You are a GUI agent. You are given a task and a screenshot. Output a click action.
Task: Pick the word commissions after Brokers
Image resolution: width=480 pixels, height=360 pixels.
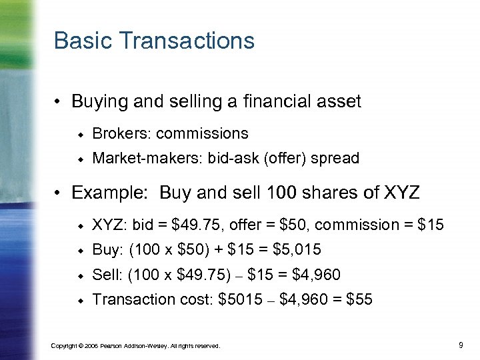202,133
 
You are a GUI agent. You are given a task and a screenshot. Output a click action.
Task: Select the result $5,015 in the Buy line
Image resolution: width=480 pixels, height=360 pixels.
297,250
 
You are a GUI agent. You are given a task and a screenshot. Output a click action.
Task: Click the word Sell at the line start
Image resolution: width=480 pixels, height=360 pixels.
105,275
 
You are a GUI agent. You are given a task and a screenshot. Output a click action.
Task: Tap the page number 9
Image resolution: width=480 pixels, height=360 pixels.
461,345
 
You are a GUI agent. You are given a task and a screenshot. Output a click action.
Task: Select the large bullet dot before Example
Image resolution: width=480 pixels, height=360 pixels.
59,194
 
